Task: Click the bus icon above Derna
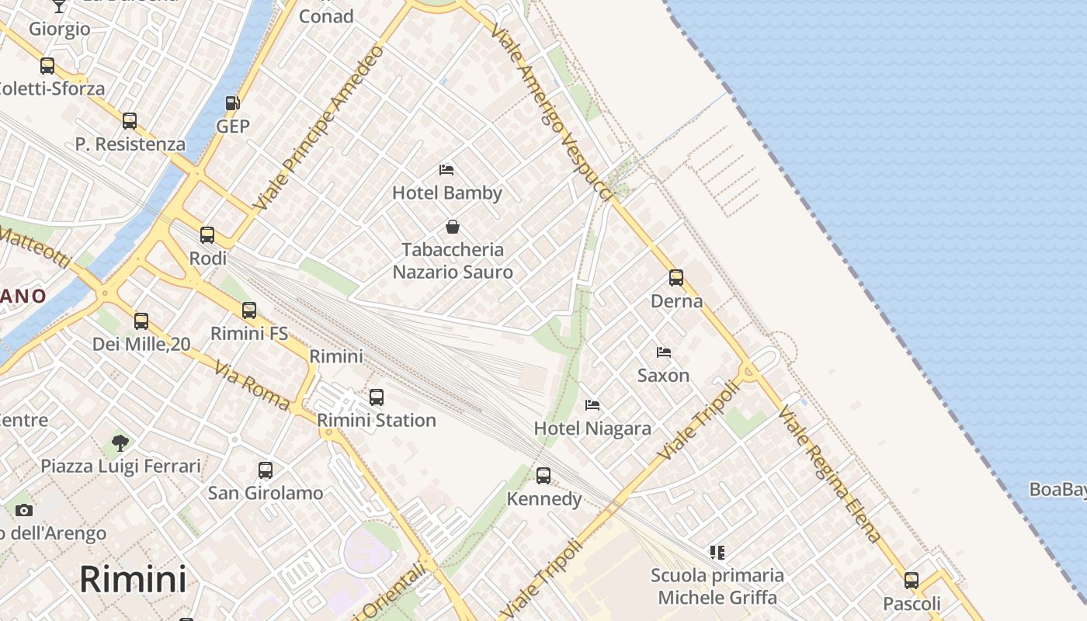click(676, 278)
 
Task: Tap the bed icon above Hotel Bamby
click(446, 169)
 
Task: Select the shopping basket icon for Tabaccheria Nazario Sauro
click(453, 227)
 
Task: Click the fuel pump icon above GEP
click(231, 103)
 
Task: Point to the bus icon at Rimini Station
click(377, 397)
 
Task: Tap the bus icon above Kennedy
click(543, 476)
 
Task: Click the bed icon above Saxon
click(663, 352)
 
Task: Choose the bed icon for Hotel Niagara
click(592, 405)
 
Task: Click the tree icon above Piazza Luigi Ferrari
click(120, 443)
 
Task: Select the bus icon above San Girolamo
click(266, 470)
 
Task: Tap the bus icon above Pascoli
click(912, 581)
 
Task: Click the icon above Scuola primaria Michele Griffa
click(717, 553)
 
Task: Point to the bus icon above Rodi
click(207, 235)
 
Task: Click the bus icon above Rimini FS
click(249, 310)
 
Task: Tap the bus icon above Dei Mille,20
click(141, 321)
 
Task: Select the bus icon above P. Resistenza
click(130, 121)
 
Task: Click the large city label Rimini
click(133, 579)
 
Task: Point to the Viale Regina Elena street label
click(829, 474)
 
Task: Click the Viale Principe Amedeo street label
click(320, 128)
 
